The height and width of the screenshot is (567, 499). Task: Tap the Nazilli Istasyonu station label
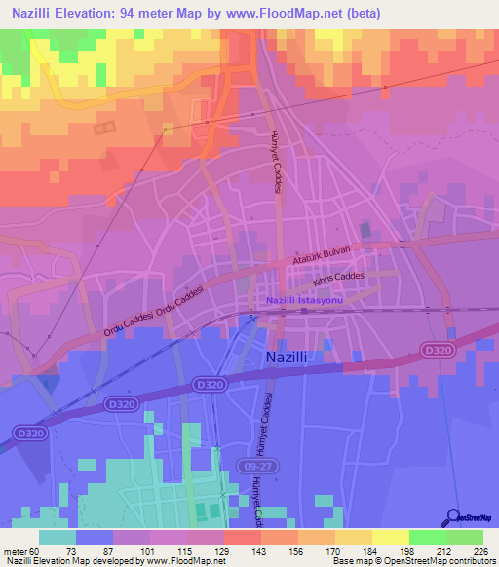305,301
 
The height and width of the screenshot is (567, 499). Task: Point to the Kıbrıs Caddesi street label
338,279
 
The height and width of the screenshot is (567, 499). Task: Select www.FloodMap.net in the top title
282,13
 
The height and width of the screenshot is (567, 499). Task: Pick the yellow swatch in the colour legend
391,537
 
